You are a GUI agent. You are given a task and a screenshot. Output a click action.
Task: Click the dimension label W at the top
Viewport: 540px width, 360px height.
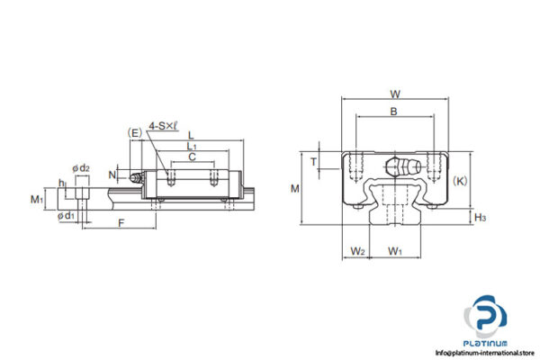[x=394, y=94]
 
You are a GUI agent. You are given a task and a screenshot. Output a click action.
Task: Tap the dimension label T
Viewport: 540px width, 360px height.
[x=312, y=161]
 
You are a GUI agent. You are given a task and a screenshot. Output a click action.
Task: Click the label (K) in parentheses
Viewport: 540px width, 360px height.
[x=461, y=181]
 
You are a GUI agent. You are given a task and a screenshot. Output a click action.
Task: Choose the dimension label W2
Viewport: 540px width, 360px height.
[x=357, y=250]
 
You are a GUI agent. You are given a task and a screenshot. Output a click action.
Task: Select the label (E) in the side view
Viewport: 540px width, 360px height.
[x=135, y=133]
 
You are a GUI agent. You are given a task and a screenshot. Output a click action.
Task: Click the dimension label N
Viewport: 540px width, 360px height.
[x=112, y=174]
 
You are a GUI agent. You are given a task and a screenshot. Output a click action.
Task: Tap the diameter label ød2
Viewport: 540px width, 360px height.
[x=80, y=167]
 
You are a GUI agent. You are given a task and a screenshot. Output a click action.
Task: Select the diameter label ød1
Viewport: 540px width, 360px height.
[x=66, y=216]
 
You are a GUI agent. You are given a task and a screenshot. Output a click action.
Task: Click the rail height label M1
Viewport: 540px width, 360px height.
[x=36, y=198]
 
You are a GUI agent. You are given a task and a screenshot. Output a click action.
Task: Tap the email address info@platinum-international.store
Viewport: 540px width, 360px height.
[x=486, y=352]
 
